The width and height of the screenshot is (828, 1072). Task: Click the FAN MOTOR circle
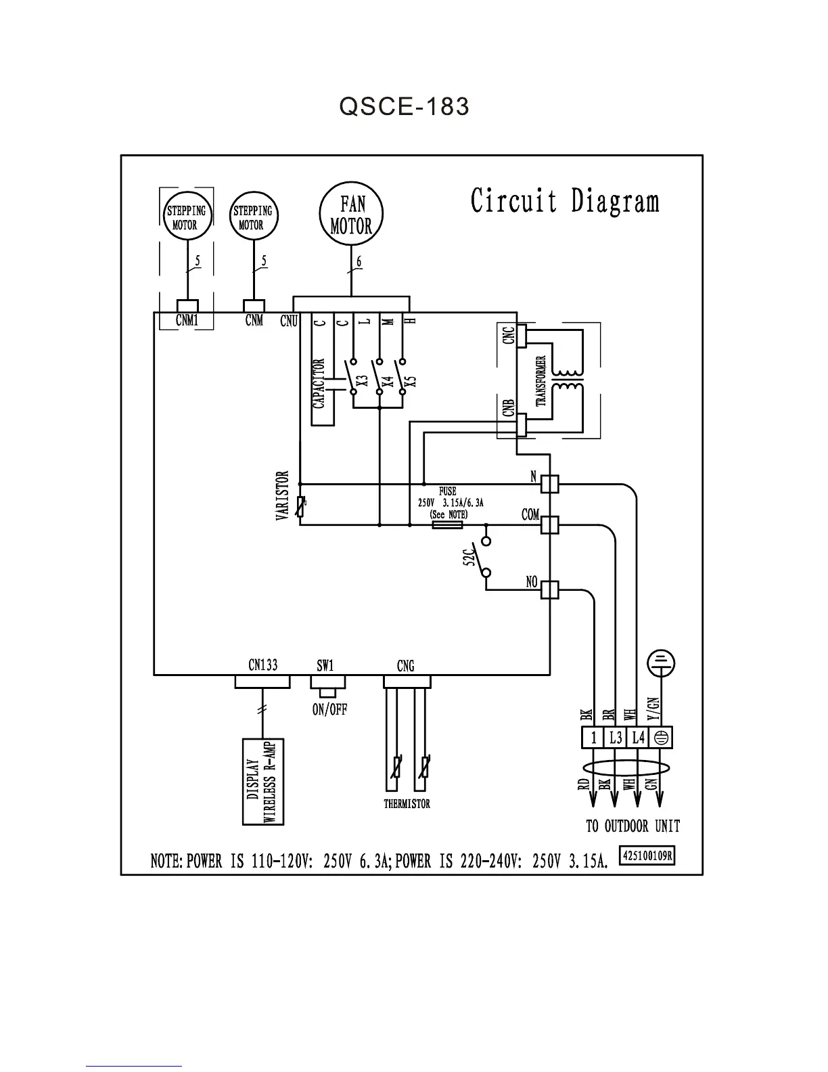[351, 215]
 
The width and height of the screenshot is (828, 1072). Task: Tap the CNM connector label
[254, 320]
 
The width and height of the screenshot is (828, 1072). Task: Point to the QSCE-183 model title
[405, 106]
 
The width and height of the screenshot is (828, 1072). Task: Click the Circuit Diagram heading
[565, 201]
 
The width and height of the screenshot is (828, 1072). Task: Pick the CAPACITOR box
[322, 384]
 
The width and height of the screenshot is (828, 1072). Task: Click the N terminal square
[550, 483]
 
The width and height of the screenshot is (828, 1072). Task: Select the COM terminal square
[550, 524]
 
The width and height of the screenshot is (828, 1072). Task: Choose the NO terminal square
[550, 590]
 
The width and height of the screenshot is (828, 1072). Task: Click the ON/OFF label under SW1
[329, 710]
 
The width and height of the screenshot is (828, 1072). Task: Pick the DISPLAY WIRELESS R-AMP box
[262, 781]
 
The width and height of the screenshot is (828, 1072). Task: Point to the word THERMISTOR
[407, 804]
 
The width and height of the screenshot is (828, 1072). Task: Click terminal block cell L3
[616, 737]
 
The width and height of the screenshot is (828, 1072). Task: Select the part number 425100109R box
[647, 855]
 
